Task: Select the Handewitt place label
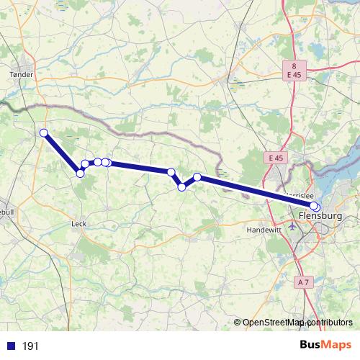261,229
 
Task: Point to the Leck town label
79,224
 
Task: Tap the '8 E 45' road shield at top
293,69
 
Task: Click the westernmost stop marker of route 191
44,132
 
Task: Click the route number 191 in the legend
30,346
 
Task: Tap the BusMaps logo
327,346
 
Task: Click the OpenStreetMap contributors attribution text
297,323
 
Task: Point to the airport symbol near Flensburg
293,225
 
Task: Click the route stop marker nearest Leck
80,173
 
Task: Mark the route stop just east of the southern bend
86,164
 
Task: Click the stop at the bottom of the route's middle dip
182,187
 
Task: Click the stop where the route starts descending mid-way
171,171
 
